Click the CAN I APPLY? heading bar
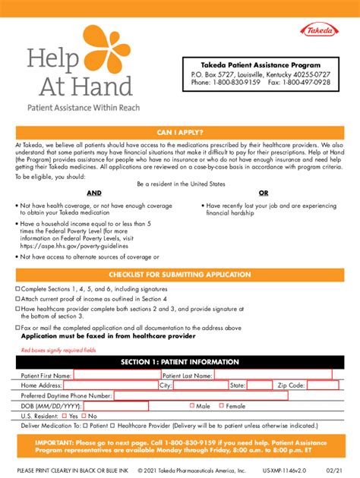click(180, 131)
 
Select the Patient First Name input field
click(116, 375)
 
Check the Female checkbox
click(221, 405)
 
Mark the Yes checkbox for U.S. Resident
click(64, 416)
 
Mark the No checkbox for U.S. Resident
click(84, 416)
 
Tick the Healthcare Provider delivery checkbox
click(112, 426)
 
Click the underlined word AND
click(93, 193)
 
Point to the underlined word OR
click(264, 193)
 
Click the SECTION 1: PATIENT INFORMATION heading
click(180, 362)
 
